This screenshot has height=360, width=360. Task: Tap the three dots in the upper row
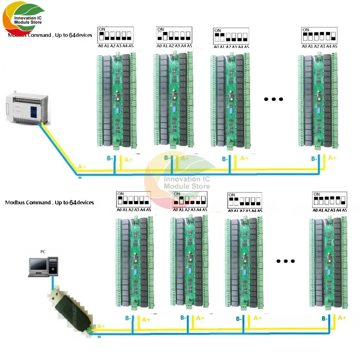(274, 99)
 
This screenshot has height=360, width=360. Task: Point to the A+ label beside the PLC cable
(82, 167)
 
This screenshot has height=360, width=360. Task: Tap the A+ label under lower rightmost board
(342, 318)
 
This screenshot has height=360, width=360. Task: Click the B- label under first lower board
(129, 318)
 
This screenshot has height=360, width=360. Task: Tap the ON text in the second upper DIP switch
(161, 30)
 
